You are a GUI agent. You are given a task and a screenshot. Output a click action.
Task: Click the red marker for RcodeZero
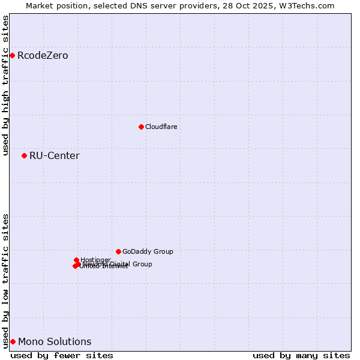click(x=12, y=56)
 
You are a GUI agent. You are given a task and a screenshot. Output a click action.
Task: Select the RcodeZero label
click(x=43, y=56)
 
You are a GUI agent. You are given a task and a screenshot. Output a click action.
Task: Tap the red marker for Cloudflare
click(x=141, y=127)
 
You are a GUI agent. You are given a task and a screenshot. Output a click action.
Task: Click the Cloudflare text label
click(x=161, y=127)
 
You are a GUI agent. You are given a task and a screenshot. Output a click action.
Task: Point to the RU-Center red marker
click(x=24, y=155)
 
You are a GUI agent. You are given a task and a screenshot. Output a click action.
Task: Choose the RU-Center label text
click(x=54, y=156)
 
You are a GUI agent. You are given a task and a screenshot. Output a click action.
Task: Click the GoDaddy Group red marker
click(x=118, y=251)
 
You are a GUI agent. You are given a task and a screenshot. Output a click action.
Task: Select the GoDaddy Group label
click(x=148, y=251)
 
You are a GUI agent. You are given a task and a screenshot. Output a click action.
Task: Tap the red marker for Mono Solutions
click(x=13, y=341)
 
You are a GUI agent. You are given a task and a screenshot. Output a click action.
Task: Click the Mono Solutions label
click(x=55, y=342)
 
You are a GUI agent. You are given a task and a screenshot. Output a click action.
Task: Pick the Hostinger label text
click(x=95, y=260)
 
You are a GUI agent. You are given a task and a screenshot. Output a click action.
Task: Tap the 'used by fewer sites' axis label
click(x=62, y=355)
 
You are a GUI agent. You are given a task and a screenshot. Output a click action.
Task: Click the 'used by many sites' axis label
click(x=301, y=355)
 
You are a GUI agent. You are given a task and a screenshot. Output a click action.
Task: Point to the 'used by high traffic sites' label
click(x=6, y=85)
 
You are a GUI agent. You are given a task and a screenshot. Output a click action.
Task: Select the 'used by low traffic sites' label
click(x=6, y=281)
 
